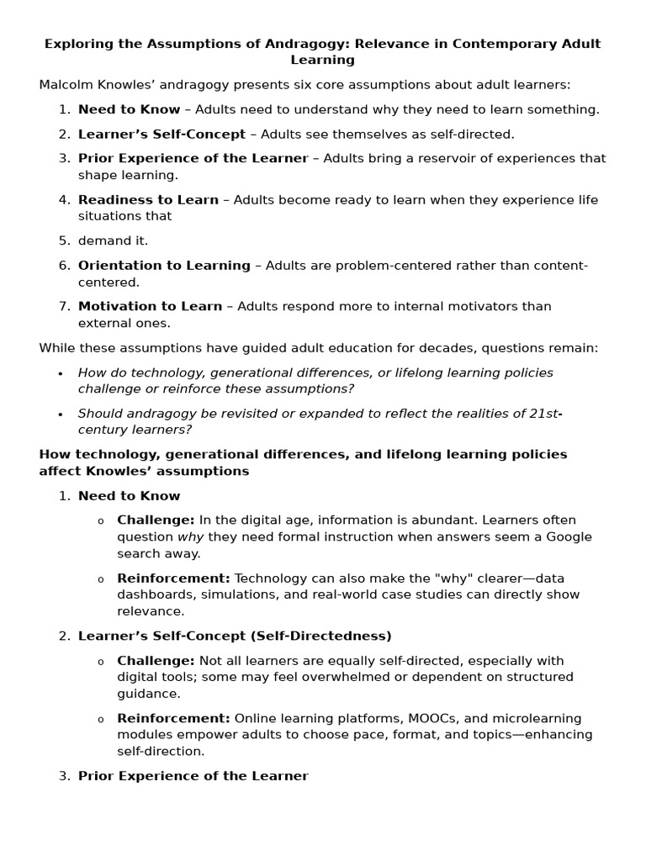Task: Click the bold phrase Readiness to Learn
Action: [x=148, y=199]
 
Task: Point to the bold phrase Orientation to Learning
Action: [x=164, y=266]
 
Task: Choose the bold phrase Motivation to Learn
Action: [x=150, y=306]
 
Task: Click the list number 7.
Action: [x=65, y=306]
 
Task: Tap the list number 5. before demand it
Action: [x=65, y=240]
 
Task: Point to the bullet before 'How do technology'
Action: [x=61, y=373]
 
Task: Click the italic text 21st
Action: [x=543, y=413]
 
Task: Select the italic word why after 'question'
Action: [x=190, y=536]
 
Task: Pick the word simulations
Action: [x=240, y=594]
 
